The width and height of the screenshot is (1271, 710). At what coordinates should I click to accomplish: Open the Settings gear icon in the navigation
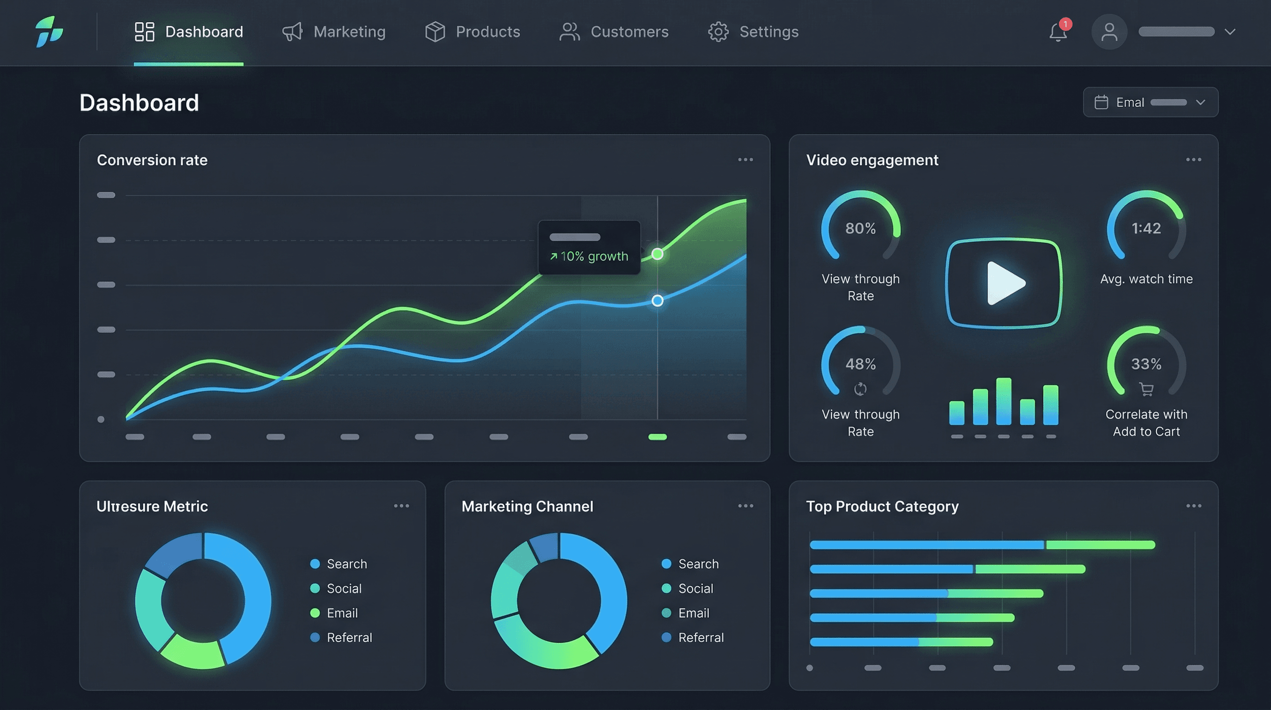(718, 31)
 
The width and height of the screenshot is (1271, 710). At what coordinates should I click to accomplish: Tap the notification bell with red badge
(1057, 32)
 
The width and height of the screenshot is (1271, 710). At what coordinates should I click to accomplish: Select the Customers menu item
(614, 31)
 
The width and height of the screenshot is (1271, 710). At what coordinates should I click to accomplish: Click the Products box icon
(435, 31)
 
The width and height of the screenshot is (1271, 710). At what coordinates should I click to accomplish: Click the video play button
(1004, 283)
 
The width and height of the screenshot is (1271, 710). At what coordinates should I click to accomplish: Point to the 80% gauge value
(860, 228)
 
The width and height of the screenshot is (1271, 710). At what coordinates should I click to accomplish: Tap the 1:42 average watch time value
(1146, 228)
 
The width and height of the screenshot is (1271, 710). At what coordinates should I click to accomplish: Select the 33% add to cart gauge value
(1146, 364)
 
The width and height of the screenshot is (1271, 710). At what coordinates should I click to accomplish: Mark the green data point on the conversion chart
(657, 254)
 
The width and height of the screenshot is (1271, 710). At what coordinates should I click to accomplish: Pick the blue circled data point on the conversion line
(657, 300)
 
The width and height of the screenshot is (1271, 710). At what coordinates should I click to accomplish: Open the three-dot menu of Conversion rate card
(745, 159)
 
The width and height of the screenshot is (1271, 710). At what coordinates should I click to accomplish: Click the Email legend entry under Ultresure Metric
(341, 613)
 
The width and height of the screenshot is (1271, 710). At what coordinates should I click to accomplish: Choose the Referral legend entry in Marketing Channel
(700, 637)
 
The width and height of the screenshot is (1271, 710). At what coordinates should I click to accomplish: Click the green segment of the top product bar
(1100, 545)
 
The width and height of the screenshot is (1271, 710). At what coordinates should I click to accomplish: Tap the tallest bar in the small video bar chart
(1003, 401)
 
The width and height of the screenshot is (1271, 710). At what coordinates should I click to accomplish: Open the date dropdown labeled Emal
(1150, 102)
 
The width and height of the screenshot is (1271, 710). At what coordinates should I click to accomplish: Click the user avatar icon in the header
(1109, 32)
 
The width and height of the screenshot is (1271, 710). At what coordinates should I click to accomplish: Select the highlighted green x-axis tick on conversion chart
(657, 436)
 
